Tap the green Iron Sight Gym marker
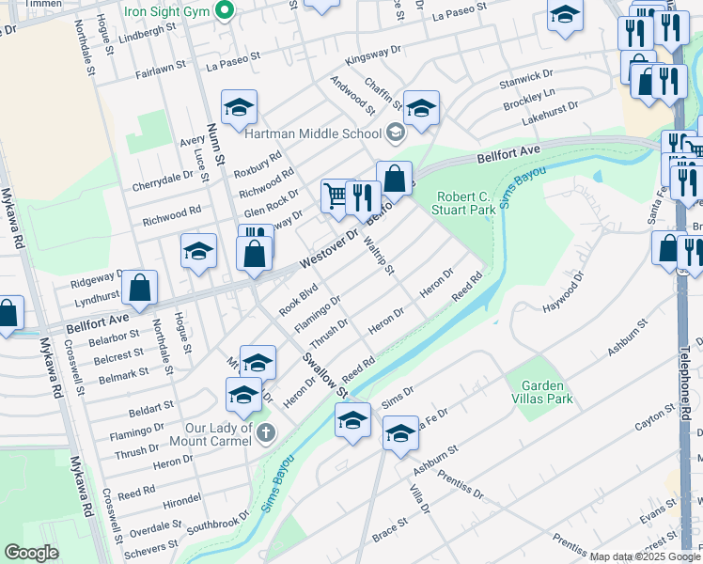[224, 11]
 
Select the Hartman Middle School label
[312, 133]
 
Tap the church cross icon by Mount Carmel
[267, 432]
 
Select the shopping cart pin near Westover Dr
[336, 196]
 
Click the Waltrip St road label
[380, 255]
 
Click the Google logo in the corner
[32, 553]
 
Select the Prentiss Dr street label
[461, 480]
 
